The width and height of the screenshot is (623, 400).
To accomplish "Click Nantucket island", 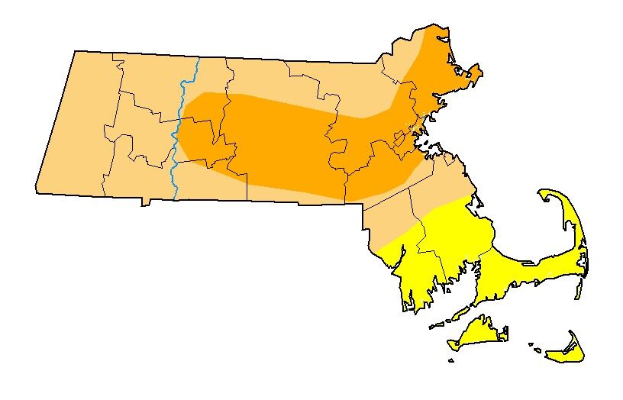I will [567, 352].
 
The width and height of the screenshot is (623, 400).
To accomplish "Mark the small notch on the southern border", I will [144, 203].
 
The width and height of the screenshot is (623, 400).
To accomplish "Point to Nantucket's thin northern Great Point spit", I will [571, 334].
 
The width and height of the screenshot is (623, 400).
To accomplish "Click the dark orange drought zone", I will [290, 145].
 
